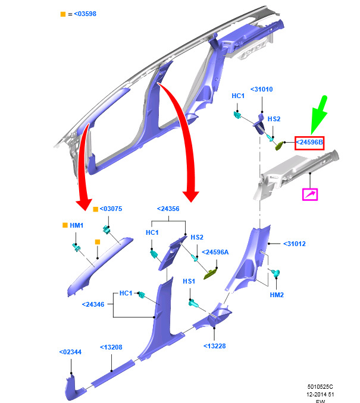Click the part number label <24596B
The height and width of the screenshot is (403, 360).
[309, 143]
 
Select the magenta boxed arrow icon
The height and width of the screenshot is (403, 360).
[310, 194]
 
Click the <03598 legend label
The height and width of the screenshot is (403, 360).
[85, 14]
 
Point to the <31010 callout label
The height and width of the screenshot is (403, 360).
[262, 89]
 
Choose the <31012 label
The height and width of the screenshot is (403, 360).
[295, 244]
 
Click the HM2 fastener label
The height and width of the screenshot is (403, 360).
[277, 295]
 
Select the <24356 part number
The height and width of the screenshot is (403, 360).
[168, 209]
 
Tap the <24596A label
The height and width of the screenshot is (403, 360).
[215, 253]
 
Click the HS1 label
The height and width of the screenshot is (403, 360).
[189, 281]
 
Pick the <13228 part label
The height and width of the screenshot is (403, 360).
[215, 346]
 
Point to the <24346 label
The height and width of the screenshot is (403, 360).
[93, 304]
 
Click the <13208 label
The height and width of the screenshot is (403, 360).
[111, 348]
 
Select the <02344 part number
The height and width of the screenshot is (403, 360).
[70, 352]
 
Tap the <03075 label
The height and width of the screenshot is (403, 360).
[111, 209]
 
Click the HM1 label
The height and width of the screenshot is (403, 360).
[76, 225]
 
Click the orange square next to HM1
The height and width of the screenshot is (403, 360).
[65, 225]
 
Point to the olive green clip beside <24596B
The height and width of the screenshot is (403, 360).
[279, 146]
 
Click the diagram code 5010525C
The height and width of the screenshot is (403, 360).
[320, 387]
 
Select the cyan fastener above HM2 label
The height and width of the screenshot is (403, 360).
[276, 273]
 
